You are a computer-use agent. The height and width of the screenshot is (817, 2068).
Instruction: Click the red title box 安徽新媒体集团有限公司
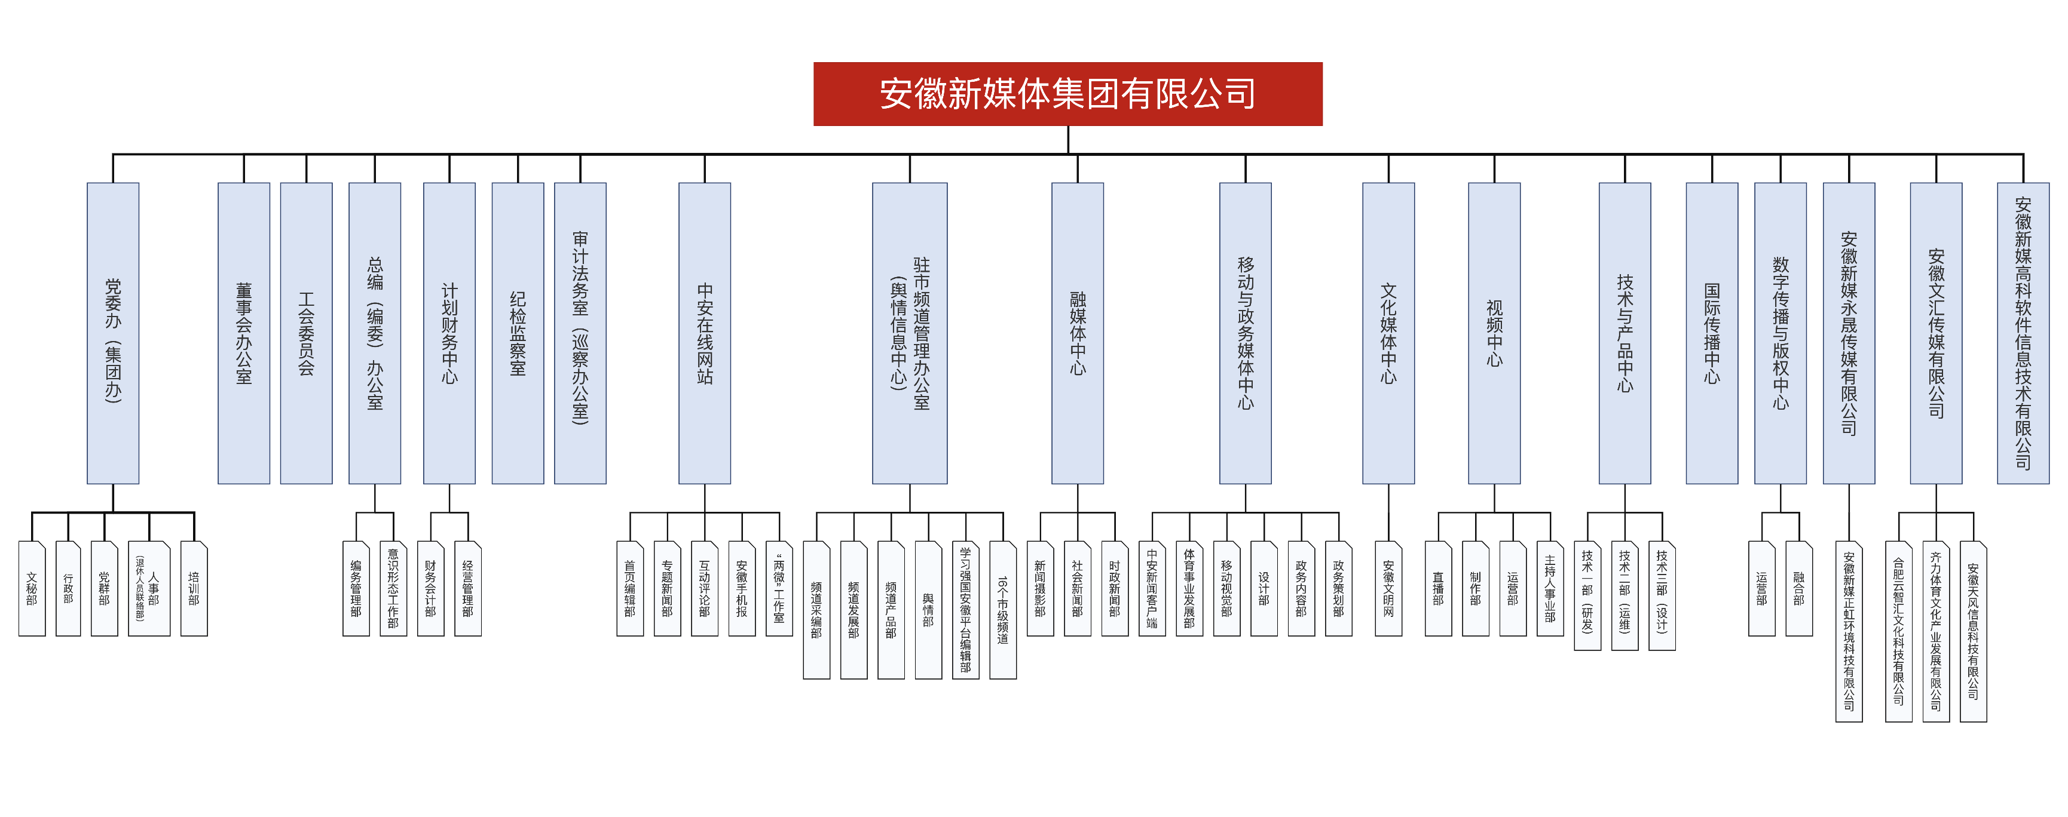(1067, 94)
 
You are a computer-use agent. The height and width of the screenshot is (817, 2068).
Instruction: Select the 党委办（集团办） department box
(113, 333)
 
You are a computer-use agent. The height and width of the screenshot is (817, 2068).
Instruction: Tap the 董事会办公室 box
(243, 333)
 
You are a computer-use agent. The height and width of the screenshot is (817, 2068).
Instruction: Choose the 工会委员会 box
(306, 333)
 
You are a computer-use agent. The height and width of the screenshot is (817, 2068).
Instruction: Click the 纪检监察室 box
(518, 333)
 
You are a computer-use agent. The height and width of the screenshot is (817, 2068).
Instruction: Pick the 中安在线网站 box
(704, 333)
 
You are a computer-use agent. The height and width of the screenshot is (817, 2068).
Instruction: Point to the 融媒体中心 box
(1078, 333)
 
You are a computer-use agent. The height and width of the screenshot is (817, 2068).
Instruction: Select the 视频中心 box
(1494, 333)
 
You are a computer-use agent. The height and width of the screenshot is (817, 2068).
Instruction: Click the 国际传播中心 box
(1712, 333)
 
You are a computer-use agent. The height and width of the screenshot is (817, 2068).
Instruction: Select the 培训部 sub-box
(194, 589)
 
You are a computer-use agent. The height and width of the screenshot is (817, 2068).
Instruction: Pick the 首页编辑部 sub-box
(629, 589)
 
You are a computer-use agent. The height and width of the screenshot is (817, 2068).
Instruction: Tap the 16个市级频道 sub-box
(1003, 610)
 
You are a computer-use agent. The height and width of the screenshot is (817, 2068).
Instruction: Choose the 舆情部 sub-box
(928, 610)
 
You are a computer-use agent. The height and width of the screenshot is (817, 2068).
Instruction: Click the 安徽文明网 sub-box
(1388, 589)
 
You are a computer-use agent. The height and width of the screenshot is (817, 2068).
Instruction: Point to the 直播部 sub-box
(1438, 589)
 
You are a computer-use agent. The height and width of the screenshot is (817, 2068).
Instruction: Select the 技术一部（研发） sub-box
(1587, 595)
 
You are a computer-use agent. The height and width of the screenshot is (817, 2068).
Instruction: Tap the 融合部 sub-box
(1798, 589)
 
